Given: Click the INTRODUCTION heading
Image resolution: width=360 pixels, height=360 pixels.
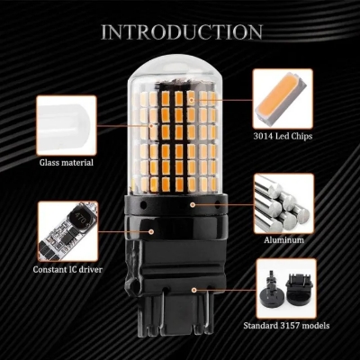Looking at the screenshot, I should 181,32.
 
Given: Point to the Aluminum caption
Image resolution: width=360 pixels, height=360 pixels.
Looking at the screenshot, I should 283,242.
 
